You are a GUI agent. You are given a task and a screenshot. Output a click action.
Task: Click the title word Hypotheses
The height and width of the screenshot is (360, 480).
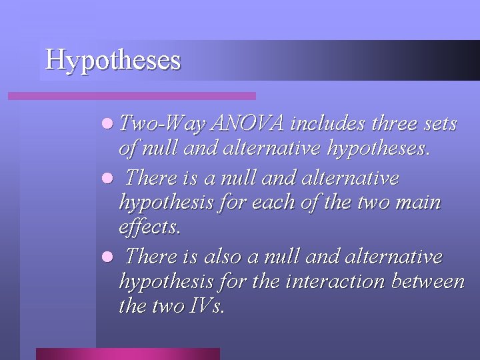(x=113, y=59)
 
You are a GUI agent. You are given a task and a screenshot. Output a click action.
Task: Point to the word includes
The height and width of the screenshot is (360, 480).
(x=328, y=123)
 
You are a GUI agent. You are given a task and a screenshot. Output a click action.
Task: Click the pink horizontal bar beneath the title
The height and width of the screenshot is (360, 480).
(x=131, y=96)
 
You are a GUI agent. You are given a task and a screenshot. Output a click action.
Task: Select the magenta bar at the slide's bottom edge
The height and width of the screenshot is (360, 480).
(x=127, y=353)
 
